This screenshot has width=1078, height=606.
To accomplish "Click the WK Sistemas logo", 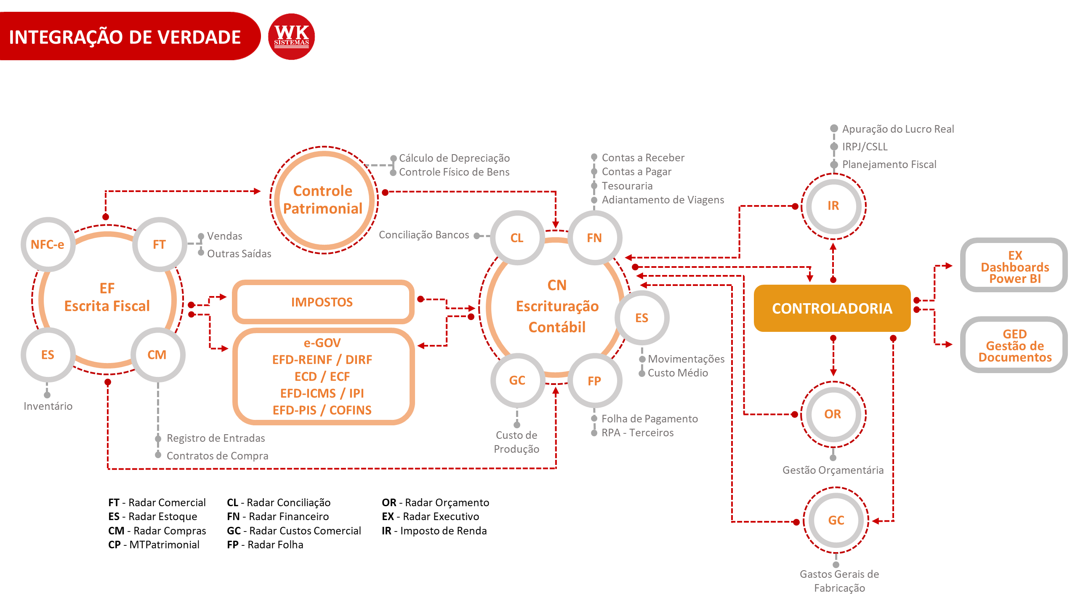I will click(291, 37).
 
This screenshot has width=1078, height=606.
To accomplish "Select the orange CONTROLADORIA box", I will click(832, 308).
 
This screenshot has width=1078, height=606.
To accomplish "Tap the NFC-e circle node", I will click(48, 244).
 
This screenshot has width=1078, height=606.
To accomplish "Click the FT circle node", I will click(159, 244).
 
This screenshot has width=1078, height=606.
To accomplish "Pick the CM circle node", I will click(157, 355).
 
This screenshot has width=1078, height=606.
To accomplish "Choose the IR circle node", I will click(833, 206).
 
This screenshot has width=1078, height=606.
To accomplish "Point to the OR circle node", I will click(833, 414).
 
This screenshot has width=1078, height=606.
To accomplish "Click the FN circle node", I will click(594, 238).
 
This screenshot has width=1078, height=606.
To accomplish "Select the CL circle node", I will click(517, 238).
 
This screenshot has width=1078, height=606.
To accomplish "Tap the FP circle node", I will click(594, 381).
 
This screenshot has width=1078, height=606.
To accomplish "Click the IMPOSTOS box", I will click(322, 302).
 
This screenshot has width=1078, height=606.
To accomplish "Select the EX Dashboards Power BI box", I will click(1014, 267).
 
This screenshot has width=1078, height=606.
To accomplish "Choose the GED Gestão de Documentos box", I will click(1014, 345).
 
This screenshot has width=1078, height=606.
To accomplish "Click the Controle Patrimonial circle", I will click(323, 200).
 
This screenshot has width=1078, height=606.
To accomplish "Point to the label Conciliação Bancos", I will click(423, 235).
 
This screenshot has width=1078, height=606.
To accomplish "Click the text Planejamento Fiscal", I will click(889, 165).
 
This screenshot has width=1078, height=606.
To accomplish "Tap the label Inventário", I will click(48, 406).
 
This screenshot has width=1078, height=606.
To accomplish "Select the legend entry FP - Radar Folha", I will click(265, 545).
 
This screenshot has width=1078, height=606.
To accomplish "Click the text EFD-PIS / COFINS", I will click(322, 410).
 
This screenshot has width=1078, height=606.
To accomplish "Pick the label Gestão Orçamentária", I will click(833, 470).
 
